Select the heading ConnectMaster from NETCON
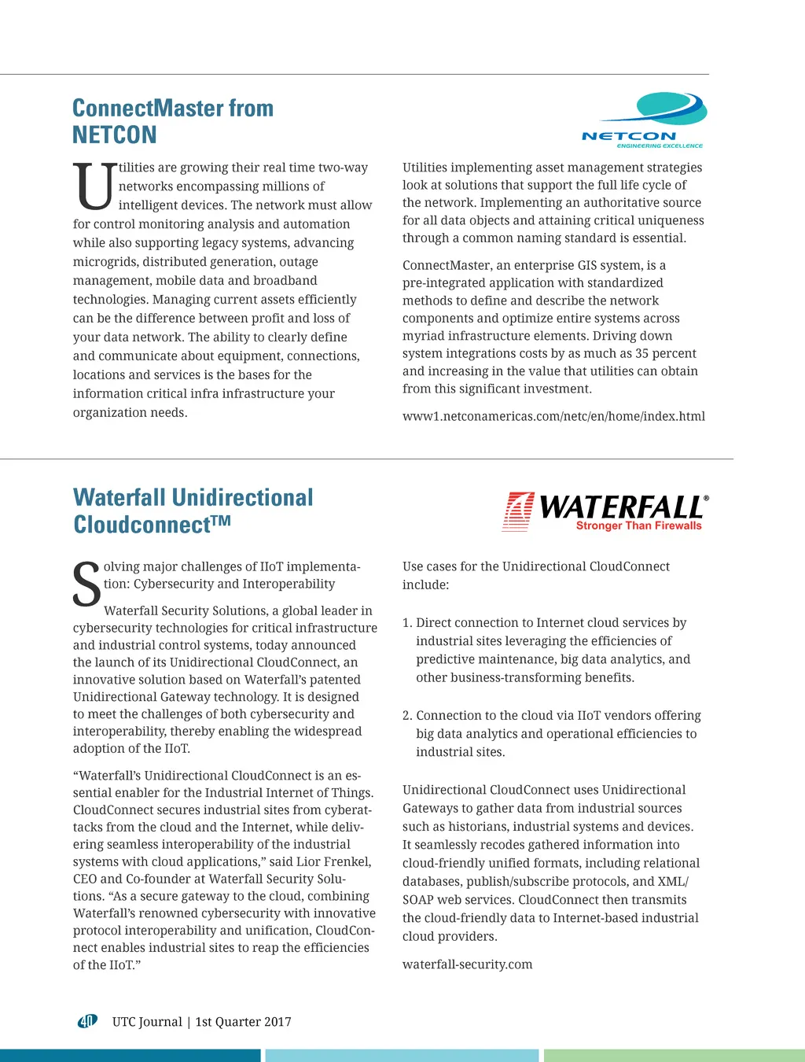(173, 121)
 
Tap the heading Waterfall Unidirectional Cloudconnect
(193, 511)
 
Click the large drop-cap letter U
(94, 187)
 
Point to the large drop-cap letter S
(86, 585)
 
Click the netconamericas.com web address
(553, 416)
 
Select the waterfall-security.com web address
(467, 964)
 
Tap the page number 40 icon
(87, 1022)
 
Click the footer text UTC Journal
(147, 1022)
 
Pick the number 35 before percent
(641, 353)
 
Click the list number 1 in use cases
(406, 623)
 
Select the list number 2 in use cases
(406, 716)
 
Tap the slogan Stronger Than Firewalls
(638, 525)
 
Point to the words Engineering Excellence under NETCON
(660, 146)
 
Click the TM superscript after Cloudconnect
(221, 520)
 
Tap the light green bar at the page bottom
(674, 1055)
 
